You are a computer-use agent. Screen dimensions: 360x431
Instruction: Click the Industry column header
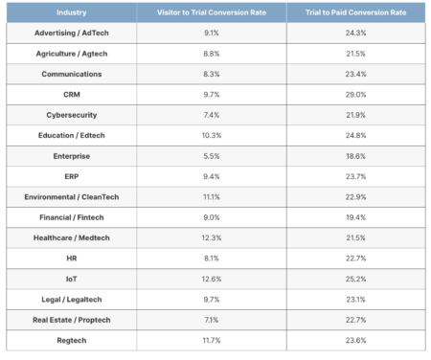[70, 12]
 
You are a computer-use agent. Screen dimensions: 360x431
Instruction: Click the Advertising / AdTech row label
[70, 33]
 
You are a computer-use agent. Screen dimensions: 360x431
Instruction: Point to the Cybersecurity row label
[70, 114]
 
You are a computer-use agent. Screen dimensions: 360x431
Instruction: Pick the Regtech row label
[70, 339]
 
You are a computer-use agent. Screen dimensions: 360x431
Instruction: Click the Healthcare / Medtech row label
[70, 236]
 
